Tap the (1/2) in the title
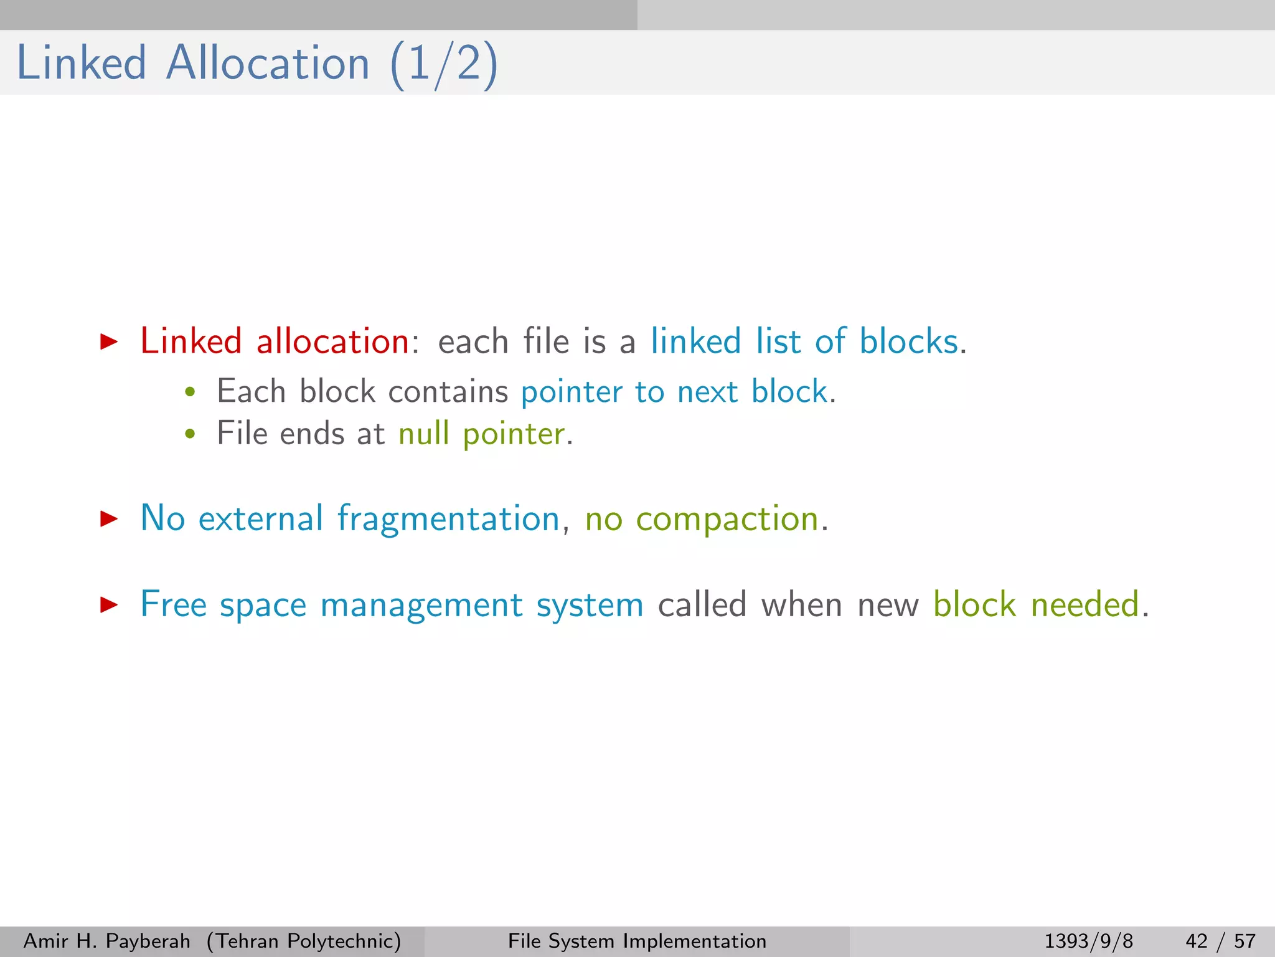coord(444,65)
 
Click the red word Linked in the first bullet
coord(191,341)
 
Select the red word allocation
coord(332,341)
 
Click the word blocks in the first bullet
coord(909,341)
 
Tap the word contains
coord(448,392)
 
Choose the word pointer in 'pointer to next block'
coord(572,393)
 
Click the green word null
coord(423,433)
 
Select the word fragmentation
coord(448,518)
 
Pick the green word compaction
coord(727,519)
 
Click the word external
coord(261,518)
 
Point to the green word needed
coord(1085,604)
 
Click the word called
coord(702,604)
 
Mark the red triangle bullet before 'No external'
coord(109,518)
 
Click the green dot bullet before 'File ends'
coord(191,434)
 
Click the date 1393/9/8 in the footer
coord(1088,941)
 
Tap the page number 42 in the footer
coord(1197,941)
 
